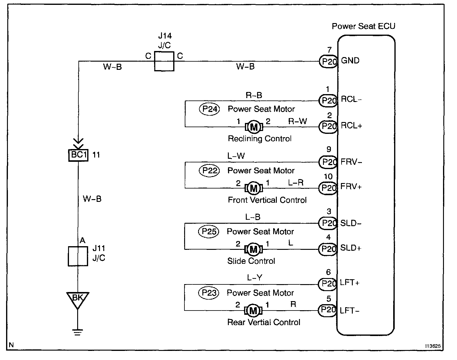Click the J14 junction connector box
point(164,61)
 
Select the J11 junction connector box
point(78,256)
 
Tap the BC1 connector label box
point(78,155)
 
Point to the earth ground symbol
point(78,332)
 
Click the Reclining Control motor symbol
point(253,127)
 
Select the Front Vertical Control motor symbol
point(253,188)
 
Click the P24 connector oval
point(209,109)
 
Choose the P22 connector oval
point(209,171)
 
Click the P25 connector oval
point(209,232)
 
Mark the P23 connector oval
point(209,293)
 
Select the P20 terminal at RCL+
point(328,126)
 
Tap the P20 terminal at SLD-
point(328,223)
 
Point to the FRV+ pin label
point(351,187)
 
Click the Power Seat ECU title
point(363,26)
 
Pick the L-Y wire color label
point(254,278)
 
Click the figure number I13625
point(433,346)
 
